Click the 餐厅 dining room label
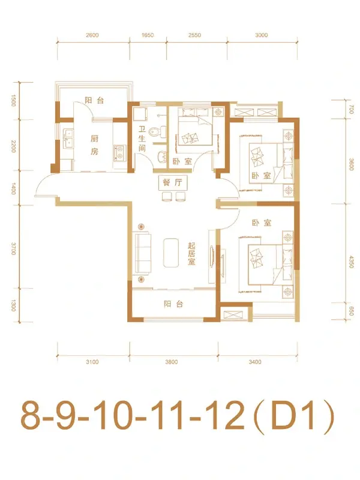pos(172,182)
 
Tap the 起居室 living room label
pos(191,254)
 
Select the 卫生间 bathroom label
pos(142,139)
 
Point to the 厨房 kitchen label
pos(94,145)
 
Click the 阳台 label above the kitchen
pos(94,100)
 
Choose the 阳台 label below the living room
pos(173,304)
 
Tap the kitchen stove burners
pos(119,153)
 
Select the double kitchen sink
pos(68,138)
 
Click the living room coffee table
pos(171,253)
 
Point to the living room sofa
pos(142,253)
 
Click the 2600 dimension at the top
pos(92,35)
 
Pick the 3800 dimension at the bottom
pos(172,362)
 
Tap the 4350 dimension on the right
pos(352,262)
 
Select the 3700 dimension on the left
pos(13,248)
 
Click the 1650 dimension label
pos(147,35)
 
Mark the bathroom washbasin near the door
pos(161,157)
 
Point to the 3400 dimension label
pos(255,362)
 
